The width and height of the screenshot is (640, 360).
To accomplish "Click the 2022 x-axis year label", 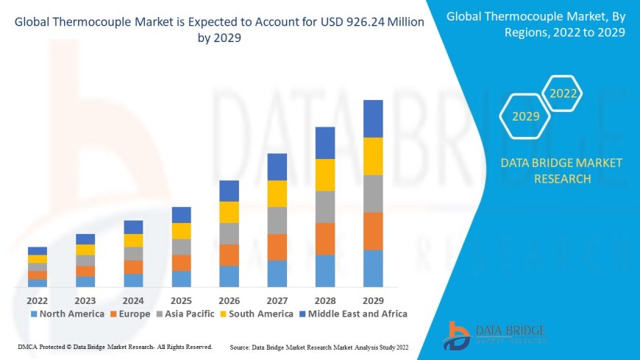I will pos(37,300).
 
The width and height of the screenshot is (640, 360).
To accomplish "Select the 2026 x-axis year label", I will pos(229,300).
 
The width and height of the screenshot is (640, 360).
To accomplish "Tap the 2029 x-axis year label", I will pos(373,300).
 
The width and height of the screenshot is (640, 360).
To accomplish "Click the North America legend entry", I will pos(67,314).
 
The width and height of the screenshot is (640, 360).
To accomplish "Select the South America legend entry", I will pos(257,314).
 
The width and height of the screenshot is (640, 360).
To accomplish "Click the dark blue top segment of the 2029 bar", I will pos(373,119).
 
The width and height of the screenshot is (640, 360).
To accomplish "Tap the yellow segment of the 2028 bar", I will pos(325,174).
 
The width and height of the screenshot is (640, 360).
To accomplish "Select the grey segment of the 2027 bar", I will pos(277,220).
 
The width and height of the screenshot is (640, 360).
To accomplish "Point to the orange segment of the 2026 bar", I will pos(229,255).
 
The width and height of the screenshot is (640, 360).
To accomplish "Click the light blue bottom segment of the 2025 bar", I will pos(181,278).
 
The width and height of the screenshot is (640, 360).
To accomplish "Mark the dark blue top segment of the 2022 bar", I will pos(37,251).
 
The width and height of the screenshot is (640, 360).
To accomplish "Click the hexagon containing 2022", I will pos(563,93).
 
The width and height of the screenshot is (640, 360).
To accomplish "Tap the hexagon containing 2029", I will pos(526,116).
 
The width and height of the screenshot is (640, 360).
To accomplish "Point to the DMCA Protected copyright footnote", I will pos(114,346).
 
